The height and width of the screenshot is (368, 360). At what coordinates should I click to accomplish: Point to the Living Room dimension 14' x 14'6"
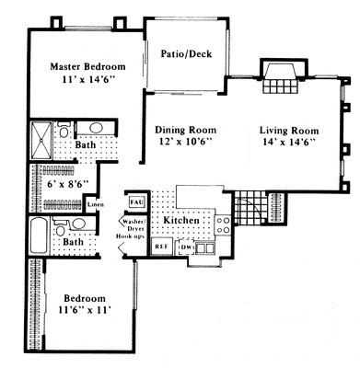point(287,142)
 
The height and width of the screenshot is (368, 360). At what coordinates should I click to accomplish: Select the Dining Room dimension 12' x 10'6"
point(184,142)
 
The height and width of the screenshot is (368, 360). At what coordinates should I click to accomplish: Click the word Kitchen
point(181,221)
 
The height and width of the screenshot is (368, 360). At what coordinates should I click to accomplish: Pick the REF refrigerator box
point(160,247)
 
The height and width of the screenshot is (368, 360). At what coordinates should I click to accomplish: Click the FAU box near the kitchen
point(135,200)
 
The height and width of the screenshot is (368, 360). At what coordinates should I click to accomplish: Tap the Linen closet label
point(94,204)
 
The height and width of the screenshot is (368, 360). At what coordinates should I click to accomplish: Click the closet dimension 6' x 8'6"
point(62,183)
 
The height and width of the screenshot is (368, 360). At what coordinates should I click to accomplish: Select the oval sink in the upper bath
point(93,129)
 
